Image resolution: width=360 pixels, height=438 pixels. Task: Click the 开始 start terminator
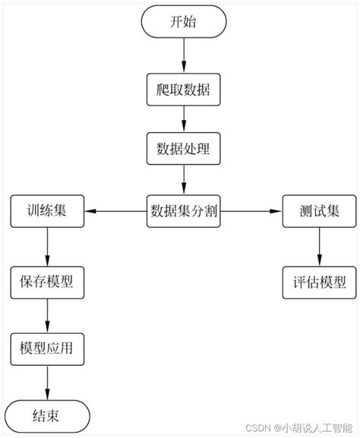183,22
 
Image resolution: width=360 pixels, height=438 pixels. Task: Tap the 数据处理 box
183,149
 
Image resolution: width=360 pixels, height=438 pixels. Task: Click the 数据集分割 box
183,210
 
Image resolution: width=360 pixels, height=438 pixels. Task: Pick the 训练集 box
47,210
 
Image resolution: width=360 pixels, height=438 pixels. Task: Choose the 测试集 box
318,210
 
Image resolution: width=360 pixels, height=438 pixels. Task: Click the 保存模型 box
47,282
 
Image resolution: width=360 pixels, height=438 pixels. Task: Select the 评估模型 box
318,282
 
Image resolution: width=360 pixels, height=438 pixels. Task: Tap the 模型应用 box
47,348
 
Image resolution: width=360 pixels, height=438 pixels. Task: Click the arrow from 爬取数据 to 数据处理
183,119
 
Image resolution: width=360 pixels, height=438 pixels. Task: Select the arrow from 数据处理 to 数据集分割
183,179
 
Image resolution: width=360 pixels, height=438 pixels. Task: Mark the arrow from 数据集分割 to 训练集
115,210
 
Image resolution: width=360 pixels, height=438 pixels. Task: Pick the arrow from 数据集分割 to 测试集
251,210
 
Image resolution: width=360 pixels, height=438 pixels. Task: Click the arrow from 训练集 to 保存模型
47,246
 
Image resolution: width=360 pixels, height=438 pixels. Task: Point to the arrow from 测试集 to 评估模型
318,246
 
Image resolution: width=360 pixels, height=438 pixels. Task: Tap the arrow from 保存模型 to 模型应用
47,315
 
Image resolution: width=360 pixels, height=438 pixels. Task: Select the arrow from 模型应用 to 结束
47,382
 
